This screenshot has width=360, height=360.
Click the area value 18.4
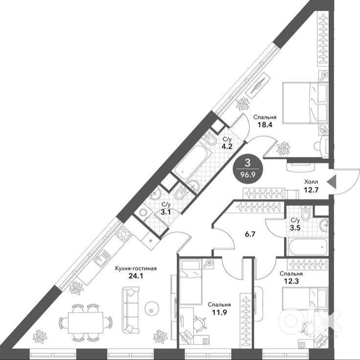265,125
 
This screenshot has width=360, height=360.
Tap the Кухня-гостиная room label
136,268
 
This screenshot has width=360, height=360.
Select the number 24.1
135,276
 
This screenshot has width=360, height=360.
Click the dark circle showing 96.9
248,169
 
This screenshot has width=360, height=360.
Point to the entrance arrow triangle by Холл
331,182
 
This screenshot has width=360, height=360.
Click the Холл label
311,182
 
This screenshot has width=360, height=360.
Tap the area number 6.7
250,234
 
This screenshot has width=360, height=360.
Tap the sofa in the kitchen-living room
130,310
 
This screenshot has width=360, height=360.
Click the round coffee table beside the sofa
151,310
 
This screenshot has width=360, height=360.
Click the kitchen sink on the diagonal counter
102,258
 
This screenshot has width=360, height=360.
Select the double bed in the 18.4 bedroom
304,103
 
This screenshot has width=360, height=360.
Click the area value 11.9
219,312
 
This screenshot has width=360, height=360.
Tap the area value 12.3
291,281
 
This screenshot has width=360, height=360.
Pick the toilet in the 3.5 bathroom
306,213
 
